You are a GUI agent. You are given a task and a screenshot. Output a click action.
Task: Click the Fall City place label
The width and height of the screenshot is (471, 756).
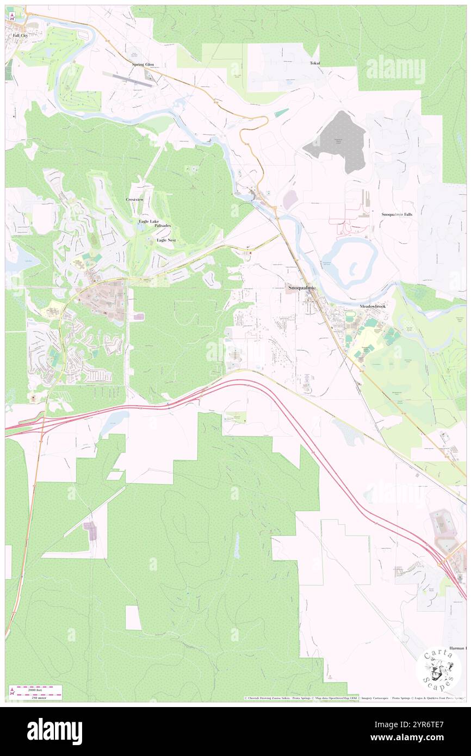(x=20, y=35)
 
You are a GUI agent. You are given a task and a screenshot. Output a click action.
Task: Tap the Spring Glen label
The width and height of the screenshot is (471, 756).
(x=143, y=64)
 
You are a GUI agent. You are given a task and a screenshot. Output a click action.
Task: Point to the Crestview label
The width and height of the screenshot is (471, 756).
(x=135, y=200)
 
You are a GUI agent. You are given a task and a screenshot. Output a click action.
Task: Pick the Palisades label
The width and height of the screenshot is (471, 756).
(x=163, y=226)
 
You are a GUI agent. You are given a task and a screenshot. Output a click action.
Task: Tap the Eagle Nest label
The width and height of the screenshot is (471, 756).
(x=166, y=240)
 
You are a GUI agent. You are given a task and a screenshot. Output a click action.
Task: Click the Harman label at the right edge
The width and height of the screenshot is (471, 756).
(x=457, y=648)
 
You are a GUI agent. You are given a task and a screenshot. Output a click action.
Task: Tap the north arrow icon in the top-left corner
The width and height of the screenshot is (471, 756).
(x=11, y=16)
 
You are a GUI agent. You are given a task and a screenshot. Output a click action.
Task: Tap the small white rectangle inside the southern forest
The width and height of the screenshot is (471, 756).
(x=133, y=618)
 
